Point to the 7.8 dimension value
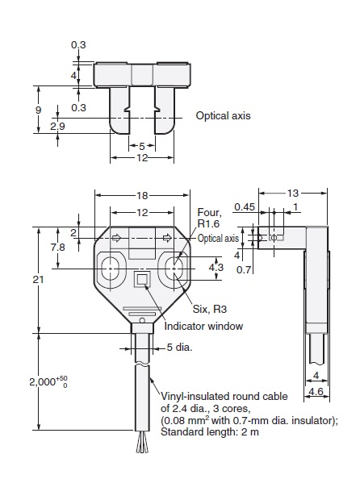pyautogui.click(x=57, y=247)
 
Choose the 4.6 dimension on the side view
pyautogui.click(x=316, y=390)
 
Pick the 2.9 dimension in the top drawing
pyautogui.click(x=57, y=127)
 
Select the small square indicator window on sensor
pyautogui.click(x=142, y=279)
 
